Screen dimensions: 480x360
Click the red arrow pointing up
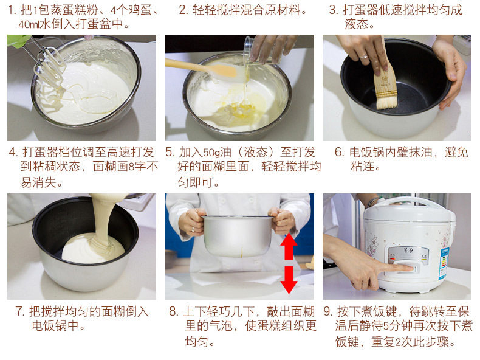[x=289, y=246]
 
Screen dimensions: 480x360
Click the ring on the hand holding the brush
[x=363, y=57]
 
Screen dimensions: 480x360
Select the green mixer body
[x=18, y=40]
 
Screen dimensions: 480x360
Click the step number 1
[x=12, y=10]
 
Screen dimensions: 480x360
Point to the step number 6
[x=339, y=152]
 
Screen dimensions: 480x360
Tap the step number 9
[x=328, y=311]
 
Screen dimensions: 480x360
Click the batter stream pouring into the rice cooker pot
[x=105, y=218]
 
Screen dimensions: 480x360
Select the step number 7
[x=19, y=311]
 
